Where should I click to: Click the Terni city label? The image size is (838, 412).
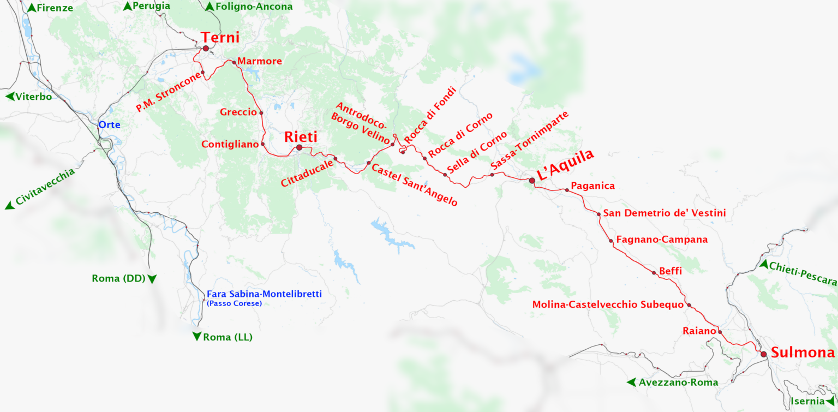coord(220,38)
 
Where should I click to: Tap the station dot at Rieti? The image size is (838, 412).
coord(299,147)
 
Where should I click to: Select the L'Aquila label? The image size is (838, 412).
coord(565,165)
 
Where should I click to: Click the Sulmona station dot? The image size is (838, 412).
coord(763,354)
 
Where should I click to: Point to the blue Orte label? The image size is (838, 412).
coord(109,125)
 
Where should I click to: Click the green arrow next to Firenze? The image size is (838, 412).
coord(32,8)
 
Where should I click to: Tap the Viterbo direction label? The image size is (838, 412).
coord(33,97)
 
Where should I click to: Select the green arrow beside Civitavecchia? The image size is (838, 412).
coord(9,206)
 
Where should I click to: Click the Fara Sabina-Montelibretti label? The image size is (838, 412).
coord(264,294)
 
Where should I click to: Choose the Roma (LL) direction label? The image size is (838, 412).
coord(228,338)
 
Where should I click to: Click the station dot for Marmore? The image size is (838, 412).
coord(234,62)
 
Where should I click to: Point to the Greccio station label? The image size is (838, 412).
coord(238,112)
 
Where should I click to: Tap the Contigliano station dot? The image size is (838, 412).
coord(263,144)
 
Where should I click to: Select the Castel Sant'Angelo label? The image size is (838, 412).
coord(414,184)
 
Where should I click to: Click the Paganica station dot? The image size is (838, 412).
coord(567,190)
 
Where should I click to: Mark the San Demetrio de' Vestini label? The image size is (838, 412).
coord(664,213)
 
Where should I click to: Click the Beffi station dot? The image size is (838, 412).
coord(654,272)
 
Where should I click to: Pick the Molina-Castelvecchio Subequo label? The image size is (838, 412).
coord(608,304)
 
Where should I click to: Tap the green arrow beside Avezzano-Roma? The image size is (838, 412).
coord(631,382)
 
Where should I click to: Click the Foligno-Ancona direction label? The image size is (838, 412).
coord(254,7)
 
